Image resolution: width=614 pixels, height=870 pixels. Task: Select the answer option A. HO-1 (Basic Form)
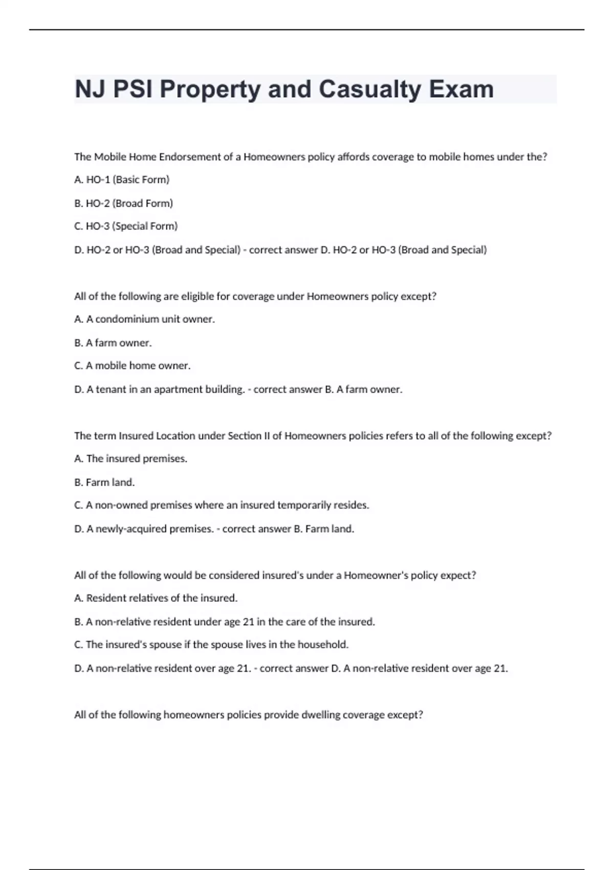pyautogui.click(x=122, y=180)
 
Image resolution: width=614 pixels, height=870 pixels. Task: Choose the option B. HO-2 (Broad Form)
pyautogui.click(x=123, y=203)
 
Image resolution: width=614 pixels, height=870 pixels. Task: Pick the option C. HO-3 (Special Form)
pyautogui.click(x=126, y=226)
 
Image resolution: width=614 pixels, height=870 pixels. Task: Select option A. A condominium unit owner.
pyautogui.click(x=144, y=319)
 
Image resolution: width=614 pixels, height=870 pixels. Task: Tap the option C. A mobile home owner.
pyautogui.click(x=132, y=366)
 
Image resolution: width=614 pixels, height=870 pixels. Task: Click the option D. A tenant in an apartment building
pyautogui.click(x=159, y=389)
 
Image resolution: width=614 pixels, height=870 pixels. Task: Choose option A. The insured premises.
pyautogui.click(x=130, y=459)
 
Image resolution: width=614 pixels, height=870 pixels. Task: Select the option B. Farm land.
pyautogui.click(x=104, y=482)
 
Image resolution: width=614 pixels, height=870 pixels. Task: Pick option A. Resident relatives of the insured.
pyautogui.click(x=156, y=598)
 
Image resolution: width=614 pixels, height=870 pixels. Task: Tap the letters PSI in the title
pyautogui.click(x=132, y=90)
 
